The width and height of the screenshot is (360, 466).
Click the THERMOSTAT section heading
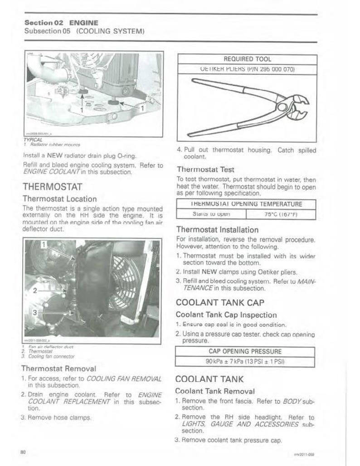click(53, 186)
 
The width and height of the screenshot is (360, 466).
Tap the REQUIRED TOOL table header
click(247, 59)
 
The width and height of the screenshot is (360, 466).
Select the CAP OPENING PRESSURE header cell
click(245, 351)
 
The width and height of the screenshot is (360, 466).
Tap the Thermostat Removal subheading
click(58, 368)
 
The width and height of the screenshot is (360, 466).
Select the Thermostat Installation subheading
click(217, 229)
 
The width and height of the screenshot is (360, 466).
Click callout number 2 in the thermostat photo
click(35, 291)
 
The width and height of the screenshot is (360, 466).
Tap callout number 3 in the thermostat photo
click(35, 312)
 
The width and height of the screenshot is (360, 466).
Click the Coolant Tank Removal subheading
click(215, 391)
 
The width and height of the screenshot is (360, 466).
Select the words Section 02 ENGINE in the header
click(61, 22)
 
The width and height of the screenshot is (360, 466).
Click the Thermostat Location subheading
click(59, 199)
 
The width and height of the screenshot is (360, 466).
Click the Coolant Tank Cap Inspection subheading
click(226, 315)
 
